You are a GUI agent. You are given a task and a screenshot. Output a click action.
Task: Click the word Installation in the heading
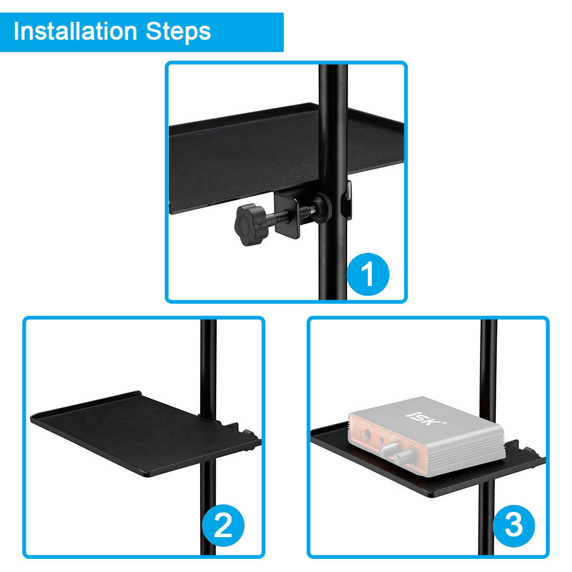[75, 31]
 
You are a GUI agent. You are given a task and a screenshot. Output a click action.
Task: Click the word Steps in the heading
[178, 31]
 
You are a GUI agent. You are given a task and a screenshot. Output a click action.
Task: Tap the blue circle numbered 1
[368, 274]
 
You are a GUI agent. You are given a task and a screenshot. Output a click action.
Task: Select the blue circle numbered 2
[223, 525]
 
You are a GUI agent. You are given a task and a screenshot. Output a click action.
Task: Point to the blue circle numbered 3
[514, 525]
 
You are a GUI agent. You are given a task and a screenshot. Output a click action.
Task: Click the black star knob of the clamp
[250, 224]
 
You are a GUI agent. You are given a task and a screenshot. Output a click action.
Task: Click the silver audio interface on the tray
[427, 436]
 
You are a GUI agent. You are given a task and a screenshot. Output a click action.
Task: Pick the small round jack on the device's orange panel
[368, 434]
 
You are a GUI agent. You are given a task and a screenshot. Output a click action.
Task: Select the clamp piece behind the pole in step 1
[347, 200]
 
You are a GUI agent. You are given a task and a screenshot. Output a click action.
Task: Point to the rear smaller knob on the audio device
[391, 447]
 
